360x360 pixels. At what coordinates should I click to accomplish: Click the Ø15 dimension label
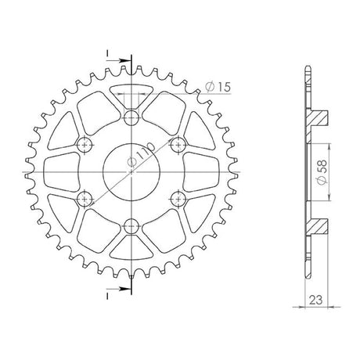[218, 87]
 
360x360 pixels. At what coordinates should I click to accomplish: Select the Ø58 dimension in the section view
[322, 172]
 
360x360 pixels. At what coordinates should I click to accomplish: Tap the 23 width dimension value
[315, 301]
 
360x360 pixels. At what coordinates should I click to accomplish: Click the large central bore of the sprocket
[131, 172]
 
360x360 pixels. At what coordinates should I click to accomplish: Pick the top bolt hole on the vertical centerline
[131, 118]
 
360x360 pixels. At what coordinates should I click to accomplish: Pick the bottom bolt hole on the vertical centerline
[131, 226]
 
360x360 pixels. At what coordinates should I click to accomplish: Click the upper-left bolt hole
[85, 145]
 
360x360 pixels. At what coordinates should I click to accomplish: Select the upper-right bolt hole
[178, 145]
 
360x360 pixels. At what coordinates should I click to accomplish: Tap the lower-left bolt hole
[85, 200]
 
